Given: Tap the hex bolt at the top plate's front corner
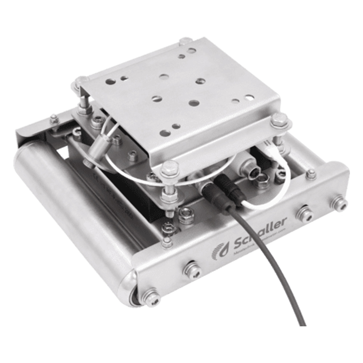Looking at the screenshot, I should tap(170, 168).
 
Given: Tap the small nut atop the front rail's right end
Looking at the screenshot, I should tap(311, 174).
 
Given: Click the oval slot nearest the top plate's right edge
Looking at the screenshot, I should tap(249, 97).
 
